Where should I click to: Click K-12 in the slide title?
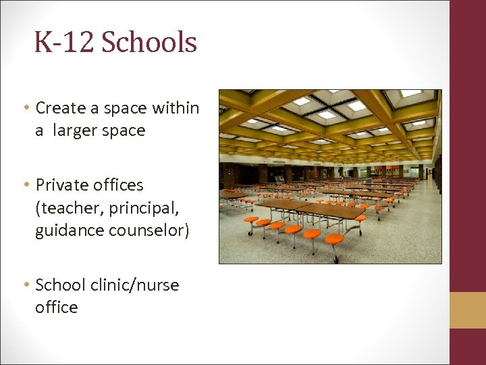pyautogui.click(x=66, y=43)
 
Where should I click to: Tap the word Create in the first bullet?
pyautogui.click(x=61, y=107)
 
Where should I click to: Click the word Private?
pyautogui.click(x=61, y=185)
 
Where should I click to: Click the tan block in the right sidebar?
pyautogui.click(x=467, y=310)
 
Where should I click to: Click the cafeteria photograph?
pyautogui.click(x=330, y=176)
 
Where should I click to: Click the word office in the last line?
pyautogui.click(x=57, y=308)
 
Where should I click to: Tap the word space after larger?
pyautogui.click(x=125, y=130)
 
